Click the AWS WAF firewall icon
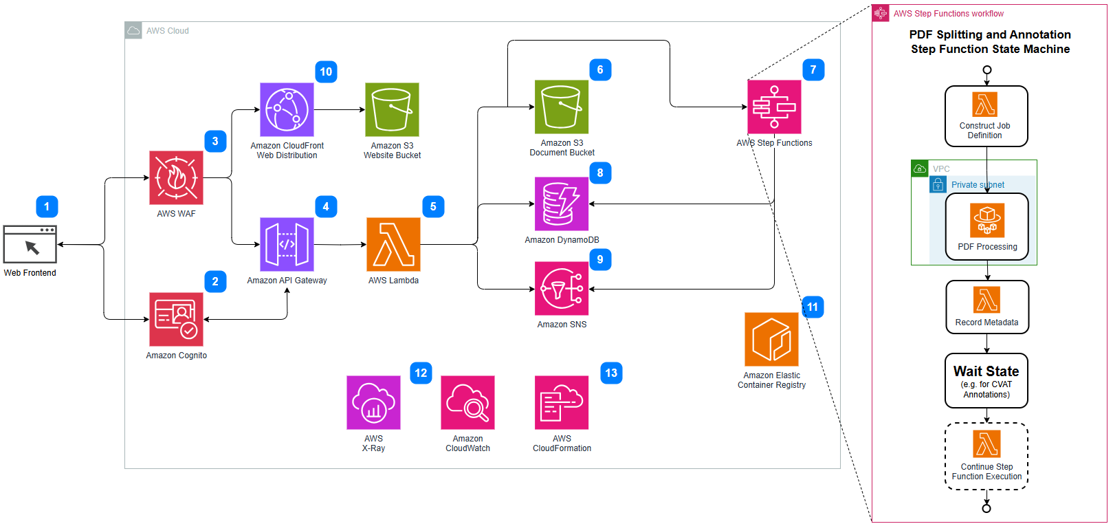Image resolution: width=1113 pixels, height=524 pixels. pyautogui.click(x=176, y=177)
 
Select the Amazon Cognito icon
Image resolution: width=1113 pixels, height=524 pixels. pyautogui.click(x=176, y=319)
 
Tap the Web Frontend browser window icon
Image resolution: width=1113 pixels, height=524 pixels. pyautogui.click(x=30, y=244)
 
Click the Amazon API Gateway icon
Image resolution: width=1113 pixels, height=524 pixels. pyautogui.click(x=287, y=244)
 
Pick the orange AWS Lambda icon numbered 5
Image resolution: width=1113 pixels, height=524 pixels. pyautogui.click(x=393, y=244)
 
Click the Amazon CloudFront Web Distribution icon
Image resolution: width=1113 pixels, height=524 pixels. pyautogui.click(x=287, y=109)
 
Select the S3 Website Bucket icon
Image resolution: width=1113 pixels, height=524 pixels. pyautogui.click(x=392, y=109)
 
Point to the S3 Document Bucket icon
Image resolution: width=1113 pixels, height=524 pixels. pyautogui.click(x=562, y=107)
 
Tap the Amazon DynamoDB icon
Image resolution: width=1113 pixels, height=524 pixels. pyautogui.click(x=562, y=204)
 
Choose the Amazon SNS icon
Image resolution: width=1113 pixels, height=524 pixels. pyautogui.click(x=562, y=288)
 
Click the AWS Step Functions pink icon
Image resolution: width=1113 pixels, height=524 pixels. pyautogui.click(x=774, y=107)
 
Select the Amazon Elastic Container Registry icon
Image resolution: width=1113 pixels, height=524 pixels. pyautogui.click(x=771, y=339)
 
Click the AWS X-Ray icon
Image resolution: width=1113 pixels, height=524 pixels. pyautogui.click(x=373, y=402)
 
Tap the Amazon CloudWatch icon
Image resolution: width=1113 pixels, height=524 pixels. pyautogui.click(x=467, y=402)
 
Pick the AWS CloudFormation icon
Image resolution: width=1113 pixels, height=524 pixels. pyautogui.click(x=562, y=402)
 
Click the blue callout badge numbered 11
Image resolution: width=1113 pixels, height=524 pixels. pyautogui.click(x=813, y=307)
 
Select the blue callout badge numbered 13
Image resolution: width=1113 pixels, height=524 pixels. pyautogui.click(x=611, y=373)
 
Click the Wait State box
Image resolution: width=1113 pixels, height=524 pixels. pyautogui.click(x=987, y=380)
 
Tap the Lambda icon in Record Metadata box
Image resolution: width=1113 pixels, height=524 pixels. pyautogui.click(x=987, y=300)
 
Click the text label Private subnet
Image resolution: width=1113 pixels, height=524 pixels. pyautogui.click(x=978, y=185)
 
